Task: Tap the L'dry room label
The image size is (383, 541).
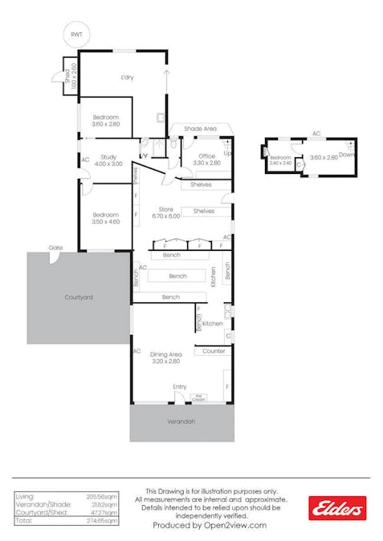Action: pyautogui.click(x=127, y=78)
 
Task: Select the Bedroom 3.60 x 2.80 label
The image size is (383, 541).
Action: pyautogui.click(x=105, y=121)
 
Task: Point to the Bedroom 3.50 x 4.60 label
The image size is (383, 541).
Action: pyautogui.click(x=105, y=218)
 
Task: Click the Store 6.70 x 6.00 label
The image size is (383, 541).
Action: pyautogui.click(x=165, y=214)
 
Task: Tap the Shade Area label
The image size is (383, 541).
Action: pyautogui.click(x=199, y=128)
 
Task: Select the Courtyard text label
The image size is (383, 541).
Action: pyautogui.click(x=79, y=297)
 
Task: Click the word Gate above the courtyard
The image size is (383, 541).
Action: pyautogui.click(x=55, y=248)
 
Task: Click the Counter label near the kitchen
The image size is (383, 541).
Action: pyautogui.click(x=214, y=351)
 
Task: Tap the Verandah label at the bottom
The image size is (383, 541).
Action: pyautogui.click(x=181, y=420)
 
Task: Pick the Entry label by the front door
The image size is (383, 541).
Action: pyautogui.click(x=180, y=387)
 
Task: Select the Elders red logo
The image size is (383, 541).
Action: pyautogui.click(x=337, y=507)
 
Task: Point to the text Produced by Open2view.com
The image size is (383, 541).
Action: pyautogui.click(x=211, y=525)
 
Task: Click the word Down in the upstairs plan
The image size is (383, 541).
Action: pyautogui.click(x=347, y=154)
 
